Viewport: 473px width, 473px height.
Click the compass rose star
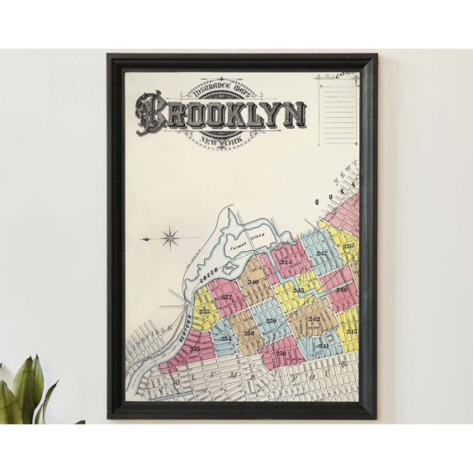pos(169,239)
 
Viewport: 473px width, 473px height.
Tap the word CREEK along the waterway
pos(207,277)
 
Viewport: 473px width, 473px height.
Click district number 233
pos(195,349)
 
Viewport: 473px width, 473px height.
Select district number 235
pos(203,311)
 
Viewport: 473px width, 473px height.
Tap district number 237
pos(226,296)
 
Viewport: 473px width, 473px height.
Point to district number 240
pos(253,282)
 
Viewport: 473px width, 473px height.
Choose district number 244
pos(286,263)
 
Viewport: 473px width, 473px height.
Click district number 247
pos(322,253)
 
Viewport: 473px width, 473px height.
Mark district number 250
pos(348,246)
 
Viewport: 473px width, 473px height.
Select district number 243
pos(298,291)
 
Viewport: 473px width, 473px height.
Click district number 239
pos(271,320)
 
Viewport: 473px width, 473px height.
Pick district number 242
pos(314,318)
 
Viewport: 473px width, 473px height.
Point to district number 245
pos(352,331)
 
